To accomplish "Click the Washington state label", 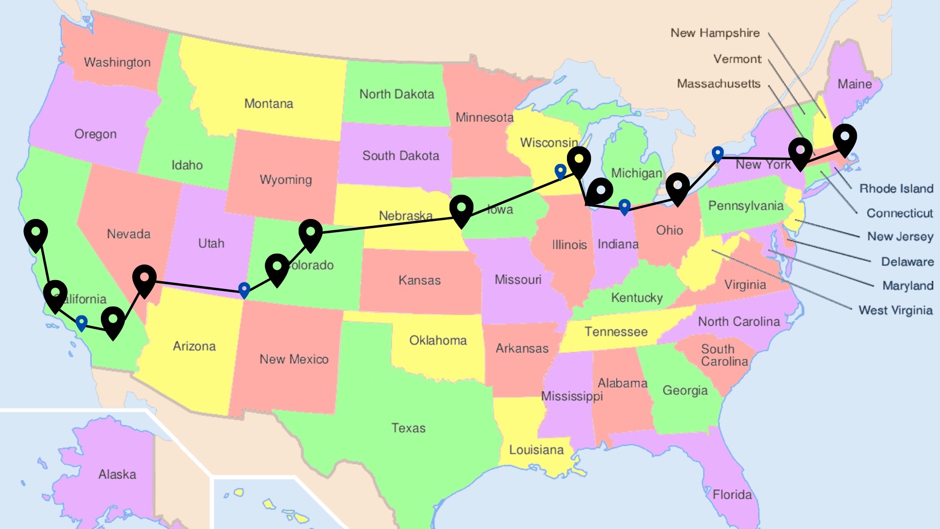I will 117,62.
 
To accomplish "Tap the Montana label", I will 268,103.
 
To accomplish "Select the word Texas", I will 408,428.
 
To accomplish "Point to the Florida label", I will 732,494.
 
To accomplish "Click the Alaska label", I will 117,474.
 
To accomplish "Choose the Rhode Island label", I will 896,188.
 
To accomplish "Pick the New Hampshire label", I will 715,33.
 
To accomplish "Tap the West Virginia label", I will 895,310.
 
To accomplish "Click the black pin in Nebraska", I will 461,209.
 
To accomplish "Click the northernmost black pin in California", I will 36,233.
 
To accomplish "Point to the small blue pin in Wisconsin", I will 560,171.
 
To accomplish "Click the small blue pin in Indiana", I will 624,206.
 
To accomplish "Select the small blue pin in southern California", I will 81,322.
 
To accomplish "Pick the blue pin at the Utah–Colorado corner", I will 244,289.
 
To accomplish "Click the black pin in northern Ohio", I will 678,187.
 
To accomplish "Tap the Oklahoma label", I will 438,340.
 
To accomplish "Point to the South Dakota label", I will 400,156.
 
